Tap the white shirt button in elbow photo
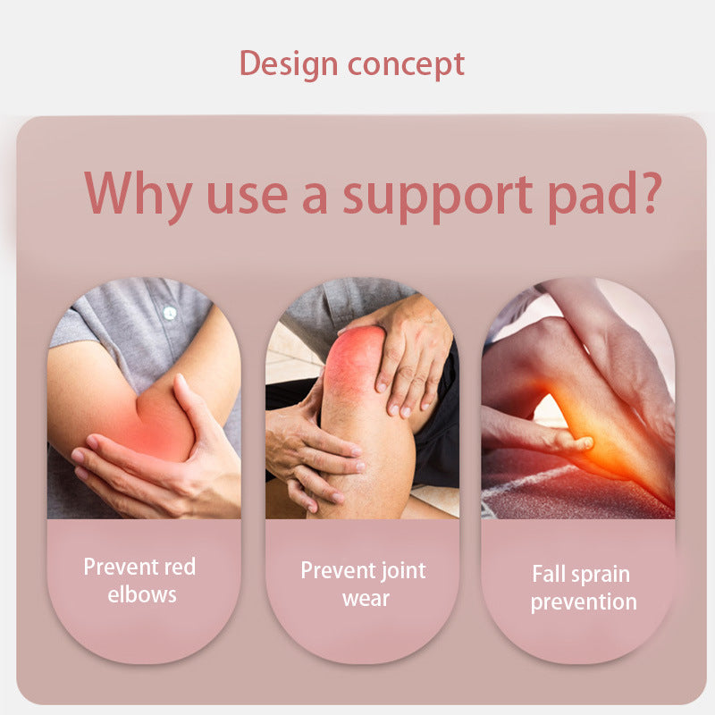pyautogui.click(x=169, y=313)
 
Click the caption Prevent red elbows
pyautogui.click(x=139, y=580)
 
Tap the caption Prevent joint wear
pyautogui.click(x=363, y=584)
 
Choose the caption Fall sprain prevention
pyautogui.click(x=582, y=587)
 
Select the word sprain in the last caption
pyautogui.click(x=600, y=574)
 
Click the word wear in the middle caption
pyautogui.click(x=366, y=598)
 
